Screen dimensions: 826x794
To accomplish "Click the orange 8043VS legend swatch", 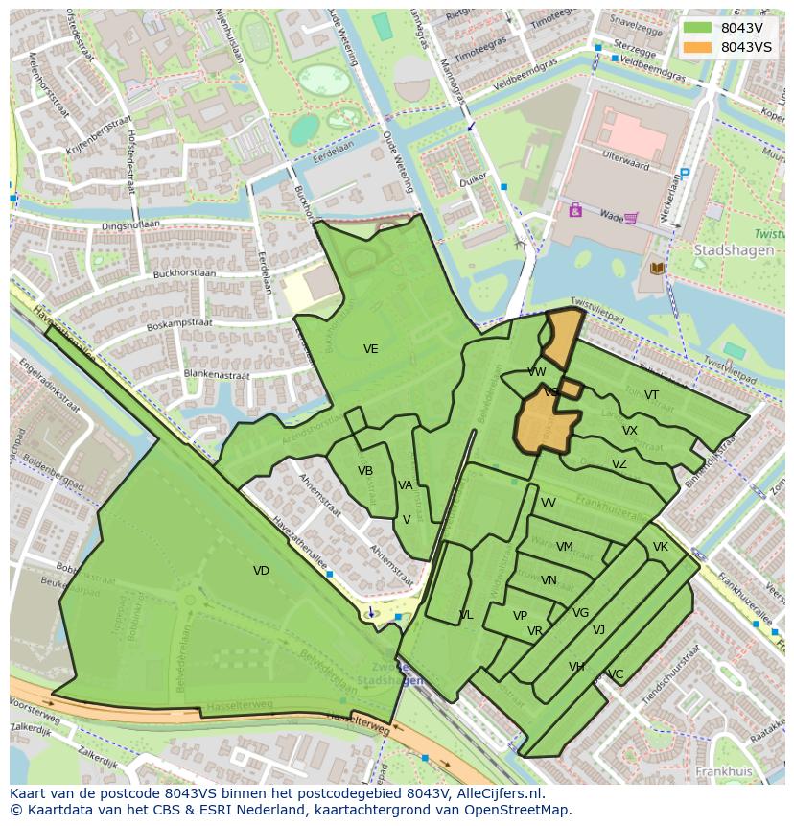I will tap(697, 47).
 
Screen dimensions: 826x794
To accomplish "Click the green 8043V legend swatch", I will tap(697, 28).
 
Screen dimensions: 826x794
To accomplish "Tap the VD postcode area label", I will tap(261, 571).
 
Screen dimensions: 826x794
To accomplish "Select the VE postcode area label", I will tap(370, 349).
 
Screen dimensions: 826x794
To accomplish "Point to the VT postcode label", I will tap(651, 395).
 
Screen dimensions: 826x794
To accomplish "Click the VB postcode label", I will tap(365, 471).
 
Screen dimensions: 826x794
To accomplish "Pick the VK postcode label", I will tap(660, 547).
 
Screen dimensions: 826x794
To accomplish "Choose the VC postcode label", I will tap(616, 674).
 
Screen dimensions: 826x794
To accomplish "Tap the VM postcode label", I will tap(565, 547).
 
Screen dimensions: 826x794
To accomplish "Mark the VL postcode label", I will tap(466, 615).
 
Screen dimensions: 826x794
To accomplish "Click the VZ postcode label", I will tap(619, 464).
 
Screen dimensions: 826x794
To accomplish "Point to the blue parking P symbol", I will tap(684, 175).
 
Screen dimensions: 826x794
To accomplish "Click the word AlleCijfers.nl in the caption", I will tap(496, 793).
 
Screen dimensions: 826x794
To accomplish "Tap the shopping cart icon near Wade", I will tap(630, 217).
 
